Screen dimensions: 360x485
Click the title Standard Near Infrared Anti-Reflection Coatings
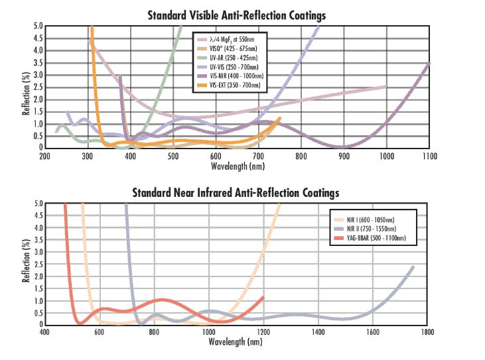click(x=236, y=193)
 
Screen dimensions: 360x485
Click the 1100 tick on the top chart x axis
click(x=429, y=156)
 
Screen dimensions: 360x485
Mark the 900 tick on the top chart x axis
click(x=344, y=156)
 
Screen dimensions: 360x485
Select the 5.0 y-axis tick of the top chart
click(x=37, y=27)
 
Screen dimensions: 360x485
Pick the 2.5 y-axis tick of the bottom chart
click(x=37, y=265)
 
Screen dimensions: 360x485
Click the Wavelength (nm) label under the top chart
click(x=237, y=165)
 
